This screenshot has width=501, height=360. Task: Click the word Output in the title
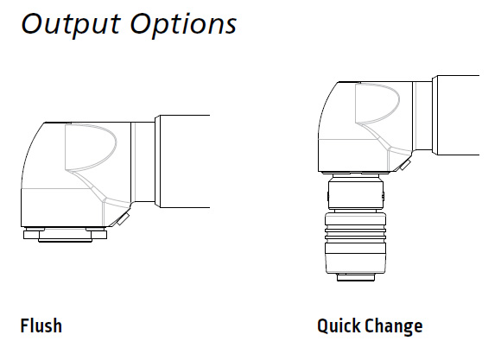point(71,24)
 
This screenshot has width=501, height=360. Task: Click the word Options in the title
point(183,24)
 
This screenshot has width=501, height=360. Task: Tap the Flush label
point(41,325)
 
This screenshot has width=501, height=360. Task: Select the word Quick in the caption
point(339,326)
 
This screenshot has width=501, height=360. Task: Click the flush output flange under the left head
point(65,235)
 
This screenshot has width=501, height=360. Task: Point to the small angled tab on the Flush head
point(123,218)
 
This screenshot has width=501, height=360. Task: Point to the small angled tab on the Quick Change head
point(405,165)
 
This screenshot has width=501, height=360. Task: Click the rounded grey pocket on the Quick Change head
point(377,104)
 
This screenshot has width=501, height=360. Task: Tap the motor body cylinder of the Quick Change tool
point(456,116)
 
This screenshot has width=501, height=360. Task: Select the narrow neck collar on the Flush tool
point(143,162)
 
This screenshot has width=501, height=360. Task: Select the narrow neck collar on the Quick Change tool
point(422,116)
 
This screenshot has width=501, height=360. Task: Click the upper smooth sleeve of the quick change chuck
point(356,194)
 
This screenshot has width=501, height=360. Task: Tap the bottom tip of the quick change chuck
point(356,277)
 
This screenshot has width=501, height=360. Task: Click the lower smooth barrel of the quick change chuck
point(355,258)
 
